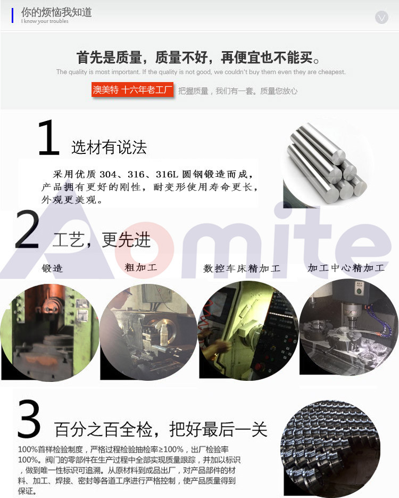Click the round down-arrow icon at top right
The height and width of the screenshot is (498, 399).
pyautogui.click(x=381, y=17)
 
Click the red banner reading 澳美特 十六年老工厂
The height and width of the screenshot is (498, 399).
pyautogui.click(x=132, y=90)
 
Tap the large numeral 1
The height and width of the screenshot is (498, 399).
pyautogui.click(x=48, y=137)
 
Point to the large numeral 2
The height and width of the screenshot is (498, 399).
pyautogui.click(x=28, y=229)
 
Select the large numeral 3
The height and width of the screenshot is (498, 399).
pyautogui.click(x=29, y=418)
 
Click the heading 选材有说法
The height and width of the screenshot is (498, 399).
pyautogui.click(x=109, y=148)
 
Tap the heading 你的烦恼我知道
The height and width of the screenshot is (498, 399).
pyautogui.click(x=56, y=12)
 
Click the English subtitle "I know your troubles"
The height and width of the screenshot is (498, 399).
pyautogui.click(x=45, y=21)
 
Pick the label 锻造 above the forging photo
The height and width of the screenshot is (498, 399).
pyautogui.click(x=52, y=268)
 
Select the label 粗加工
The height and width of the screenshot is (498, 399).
pyautogui.click(x=141, y=267)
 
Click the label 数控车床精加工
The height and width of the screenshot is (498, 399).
pyautogui.click(x=242, y=268)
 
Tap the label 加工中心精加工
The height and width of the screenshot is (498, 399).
pyautogui.click(x=346, y=268)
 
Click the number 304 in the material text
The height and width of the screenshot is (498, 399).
pyautogui.click(x=108, y=174)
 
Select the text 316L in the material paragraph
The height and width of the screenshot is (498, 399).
pyautogui.click(x=165, y=174)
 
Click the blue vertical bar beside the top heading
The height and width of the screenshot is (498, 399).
pyautogui.click(x=12, y=15)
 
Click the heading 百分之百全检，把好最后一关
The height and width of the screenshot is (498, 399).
pyautogui.click(x=161, y=429)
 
